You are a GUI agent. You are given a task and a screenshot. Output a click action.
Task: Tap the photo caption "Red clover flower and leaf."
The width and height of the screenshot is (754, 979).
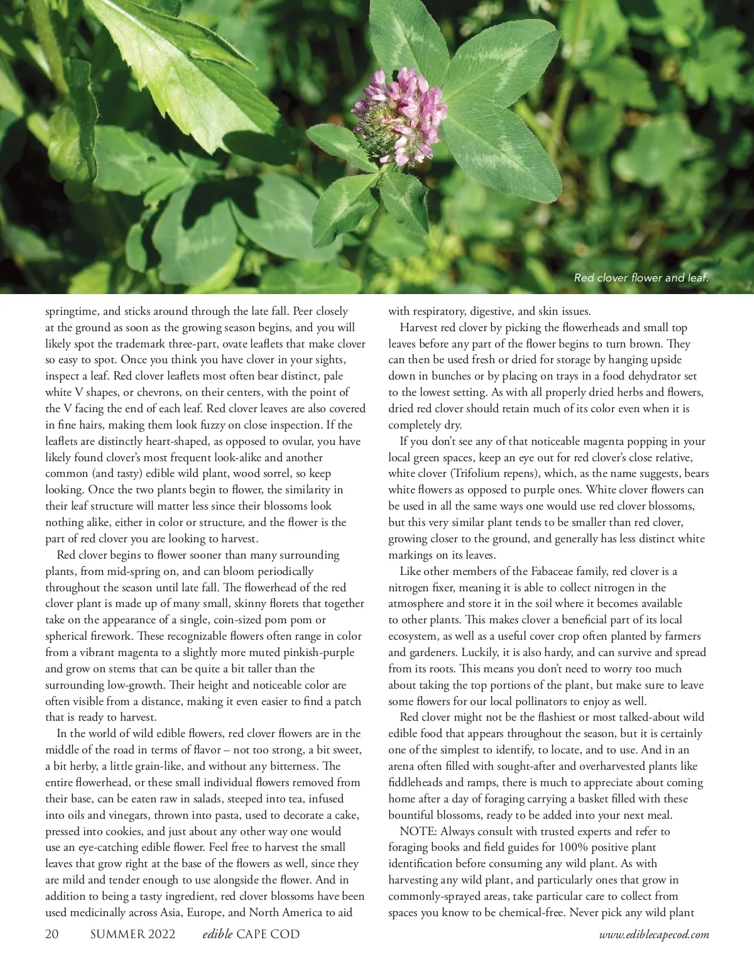pos(641,278)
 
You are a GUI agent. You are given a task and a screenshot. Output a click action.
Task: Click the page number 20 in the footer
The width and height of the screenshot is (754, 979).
pos(52,934)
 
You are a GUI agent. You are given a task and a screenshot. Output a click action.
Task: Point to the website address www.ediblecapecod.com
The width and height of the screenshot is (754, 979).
pos(654,935)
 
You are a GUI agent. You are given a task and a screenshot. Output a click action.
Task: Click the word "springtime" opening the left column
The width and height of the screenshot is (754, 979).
pos(70,312)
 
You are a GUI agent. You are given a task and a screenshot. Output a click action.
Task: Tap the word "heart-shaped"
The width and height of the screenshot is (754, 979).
pos(151,442)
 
